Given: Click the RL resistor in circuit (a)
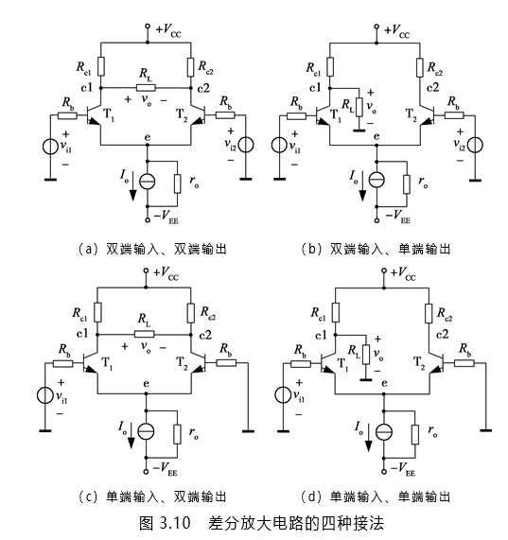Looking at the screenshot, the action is [146, 88].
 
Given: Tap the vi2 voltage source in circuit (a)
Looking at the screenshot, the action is [246, 145].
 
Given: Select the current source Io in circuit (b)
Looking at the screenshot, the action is [377, 180].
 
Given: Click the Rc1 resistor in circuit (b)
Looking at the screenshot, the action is [330, 67].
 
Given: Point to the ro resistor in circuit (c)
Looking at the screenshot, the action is [177, 434].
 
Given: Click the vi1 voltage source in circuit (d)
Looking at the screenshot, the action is [283, 394].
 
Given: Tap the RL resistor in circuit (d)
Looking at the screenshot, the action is [366, 355].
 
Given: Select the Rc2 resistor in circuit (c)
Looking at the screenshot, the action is [191, 313].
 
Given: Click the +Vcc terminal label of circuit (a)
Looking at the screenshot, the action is [168, 30].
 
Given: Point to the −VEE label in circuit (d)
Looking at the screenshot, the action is [403, 469].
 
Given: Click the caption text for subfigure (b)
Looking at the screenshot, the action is [376, 249].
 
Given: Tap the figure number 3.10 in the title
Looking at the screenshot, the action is [175, 523].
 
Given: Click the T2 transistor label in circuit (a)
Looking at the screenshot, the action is [182, 114].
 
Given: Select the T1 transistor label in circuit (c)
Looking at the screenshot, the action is [107, 363].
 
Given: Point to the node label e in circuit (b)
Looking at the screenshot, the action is [377, 137].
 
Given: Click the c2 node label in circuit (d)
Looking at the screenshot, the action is [442, 334].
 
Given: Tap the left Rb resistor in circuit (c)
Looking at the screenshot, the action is [63, 363].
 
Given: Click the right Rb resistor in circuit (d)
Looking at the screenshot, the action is [464, 363].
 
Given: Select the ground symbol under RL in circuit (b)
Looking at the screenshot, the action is [359, 130].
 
